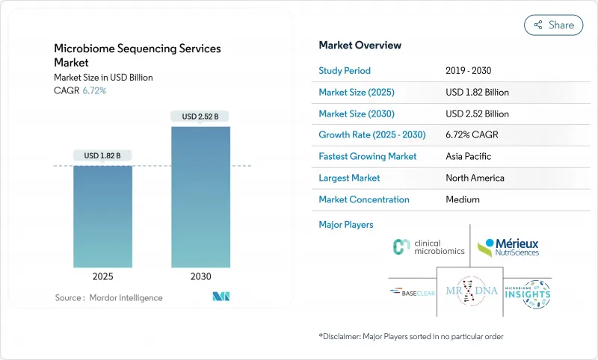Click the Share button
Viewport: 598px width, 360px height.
point(553,25)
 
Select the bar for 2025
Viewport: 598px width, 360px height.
point(102,216)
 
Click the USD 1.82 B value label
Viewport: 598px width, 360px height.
point(102,155)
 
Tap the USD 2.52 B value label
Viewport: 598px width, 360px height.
point(200,116)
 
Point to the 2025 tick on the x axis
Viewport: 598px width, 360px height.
point(102,276)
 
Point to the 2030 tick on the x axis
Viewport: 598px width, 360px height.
point(200,276)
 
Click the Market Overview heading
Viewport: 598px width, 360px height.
point(360,46)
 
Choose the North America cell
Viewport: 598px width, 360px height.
point(475,178)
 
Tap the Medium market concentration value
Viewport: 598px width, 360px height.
point(463,199)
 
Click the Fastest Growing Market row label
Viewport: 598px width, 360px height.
point(367,157)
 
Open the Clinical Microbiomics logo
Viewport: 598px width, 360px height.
point(429,247)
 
